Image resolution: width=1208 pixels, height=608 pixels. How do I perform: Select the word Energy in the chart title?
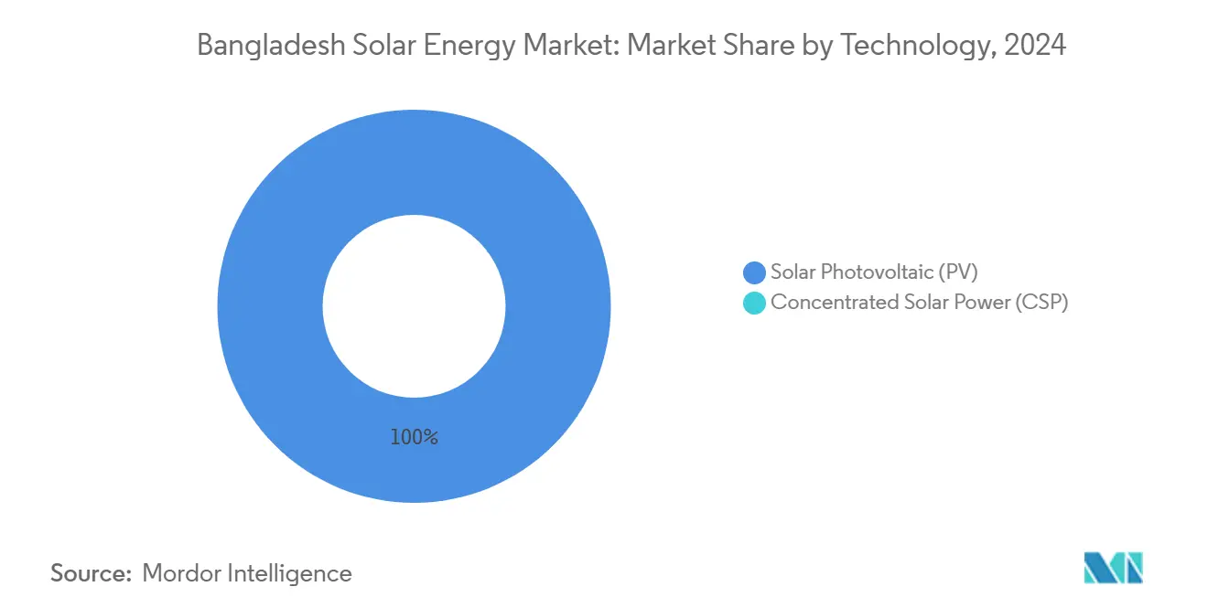[466, 45]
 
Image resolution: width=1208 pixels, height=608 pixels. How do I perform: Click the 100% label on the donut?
[414, 438]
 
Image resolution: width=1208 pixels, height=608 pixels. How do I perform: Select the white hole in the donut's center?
[414, 306]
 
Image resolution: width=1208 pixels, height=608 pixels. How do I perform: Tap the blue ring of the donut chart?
[275, 306]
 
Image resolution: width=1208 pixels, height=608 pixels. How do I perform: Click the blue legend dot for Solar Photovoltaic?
[754, 272]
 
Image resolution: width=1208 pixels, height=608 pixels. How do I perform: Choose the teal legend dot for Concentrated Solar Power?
[754, 304]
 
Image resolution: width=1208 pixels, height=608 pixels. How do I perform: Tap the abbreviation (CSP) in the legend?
[1041, 303]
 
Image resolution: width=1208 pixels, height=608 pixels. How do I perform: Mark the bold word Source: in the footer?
[91, 573]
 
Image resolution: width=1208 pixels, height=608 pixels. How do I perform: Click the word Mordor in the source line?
[183, 573]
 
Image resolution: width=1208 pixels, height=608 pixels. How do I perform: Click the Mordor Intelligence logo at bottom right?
[1113, 568]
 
